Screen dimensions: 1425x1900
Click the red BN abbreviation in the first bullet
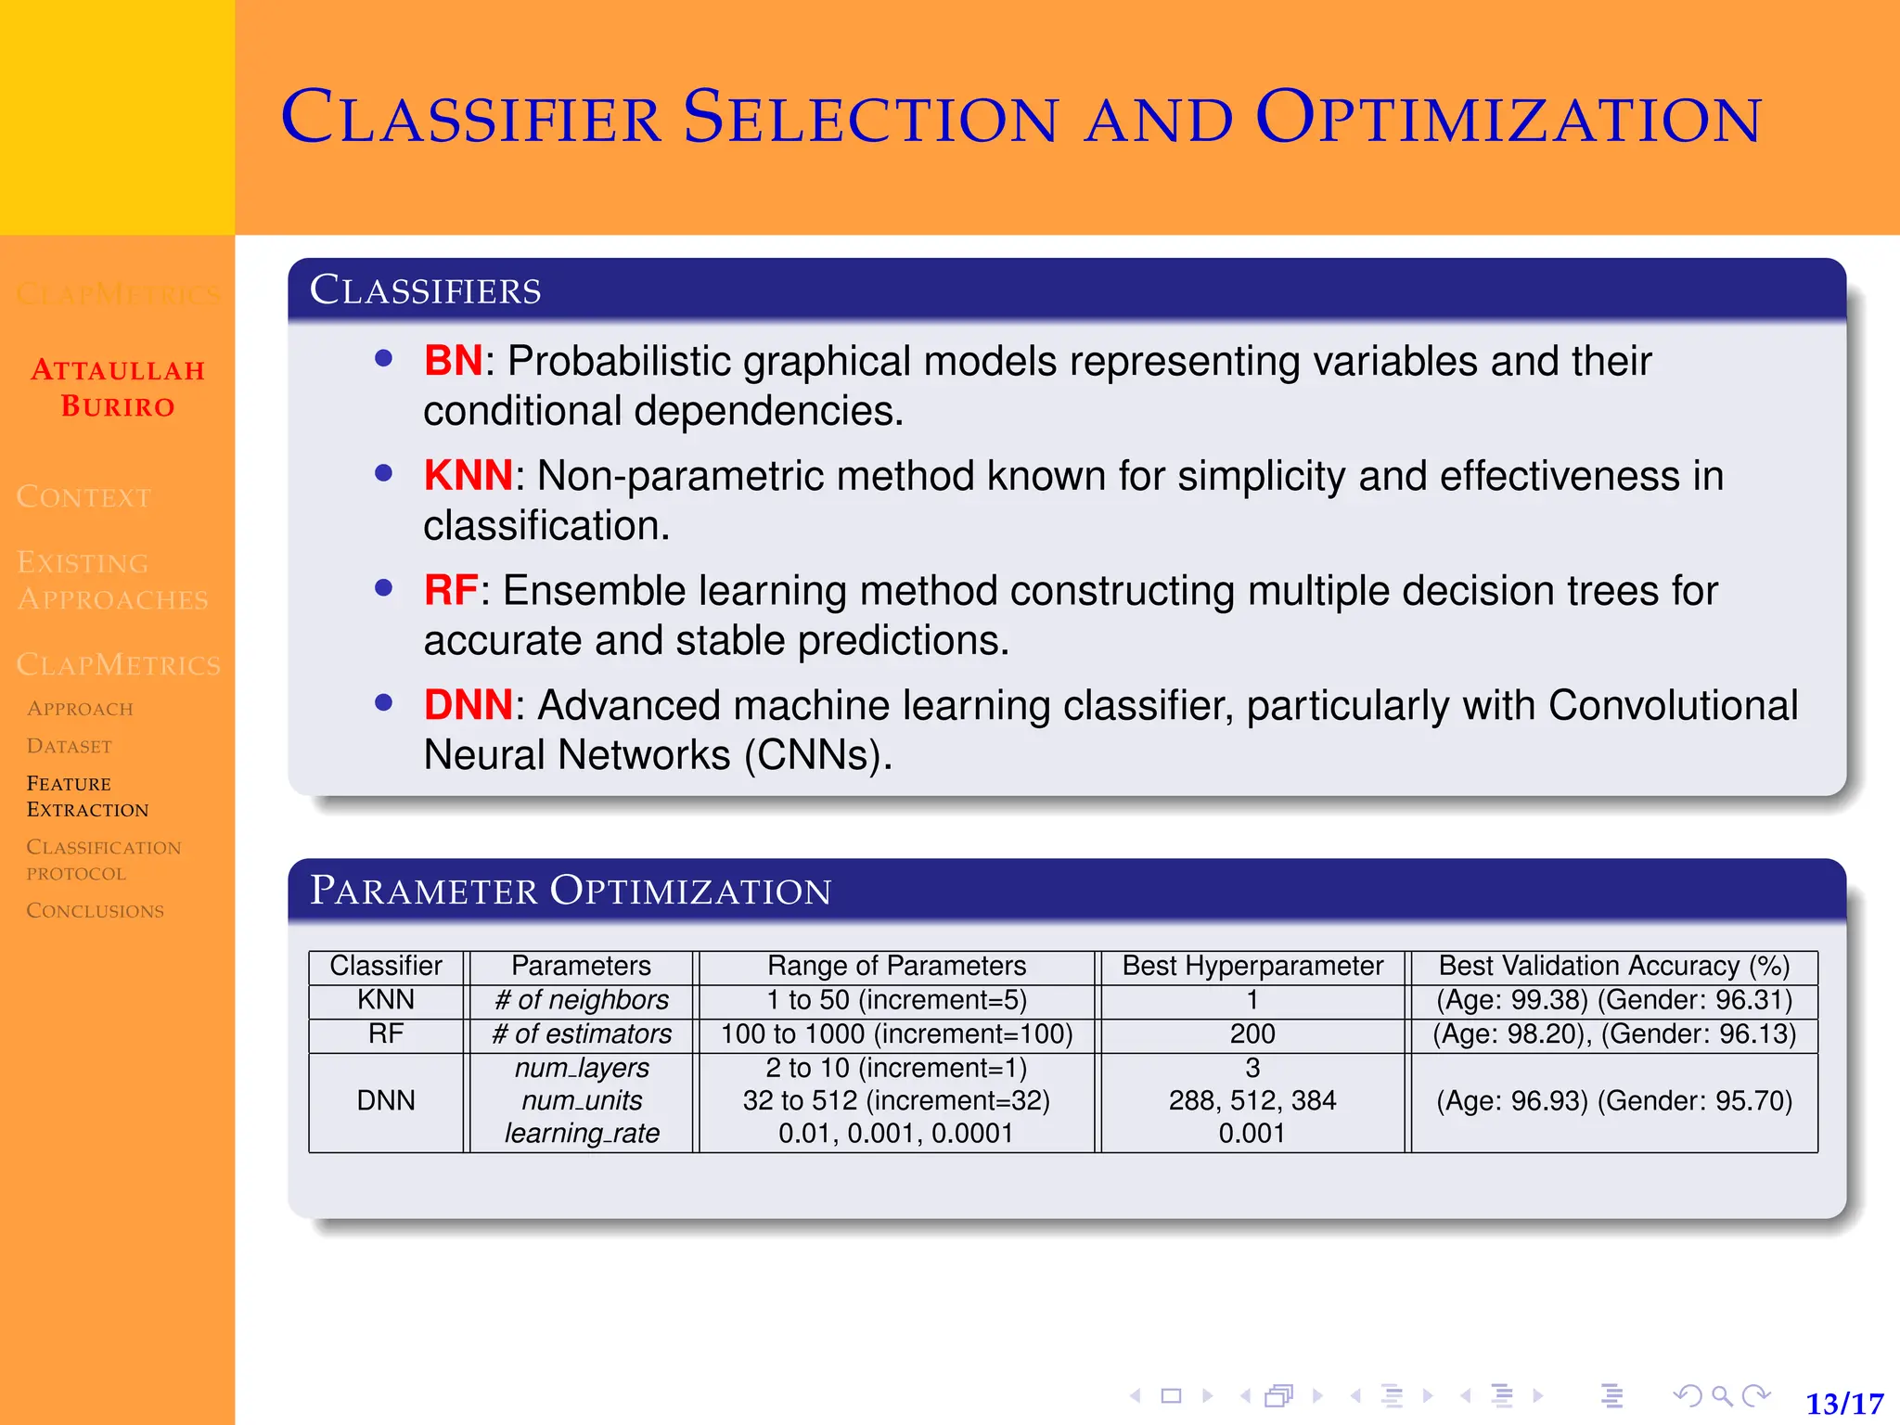[452, 361]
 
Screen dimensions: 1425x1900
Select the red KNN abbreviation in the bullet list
[468, 476]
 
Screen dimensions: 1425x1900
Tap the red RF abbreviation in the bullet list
[450, 591]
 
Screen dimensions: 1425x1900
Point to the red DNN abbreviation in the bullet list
[468, 705]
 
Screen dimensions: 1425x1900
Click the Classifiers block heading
[425, 290]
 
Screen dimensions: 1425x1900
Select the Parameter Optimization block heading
[570, 891]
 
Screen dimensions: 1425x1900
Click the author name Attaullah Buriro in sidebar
[118, 388]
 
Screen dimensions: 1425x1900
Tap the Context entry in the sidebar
[83, 497]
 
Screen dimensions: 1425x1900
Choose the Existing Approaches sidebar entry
[112, 581]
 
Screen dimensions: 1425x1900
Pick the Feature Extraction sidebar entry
[86, 796]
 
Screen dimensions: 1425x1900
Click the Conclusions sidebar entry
[95, 911]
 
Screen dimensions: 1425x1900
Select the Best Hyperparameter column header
[1252, 966]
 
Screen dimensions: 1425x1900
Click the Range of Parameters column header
[896, 966]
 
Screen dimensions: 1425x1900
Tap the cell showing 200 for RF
[1252, 1033]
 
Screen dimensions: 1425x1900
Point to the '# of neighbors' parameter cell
[581, 1000]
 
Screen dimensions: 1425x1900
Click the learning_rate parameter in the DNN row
[581, 1133]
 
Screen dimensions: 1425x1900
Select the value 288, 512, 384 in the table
[1252, 1100]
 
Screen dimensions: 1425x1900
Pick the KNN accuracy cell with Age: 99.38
[1613, 1000]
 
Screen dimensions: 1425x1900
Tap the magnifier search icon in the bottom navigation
[1722, 1395]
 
